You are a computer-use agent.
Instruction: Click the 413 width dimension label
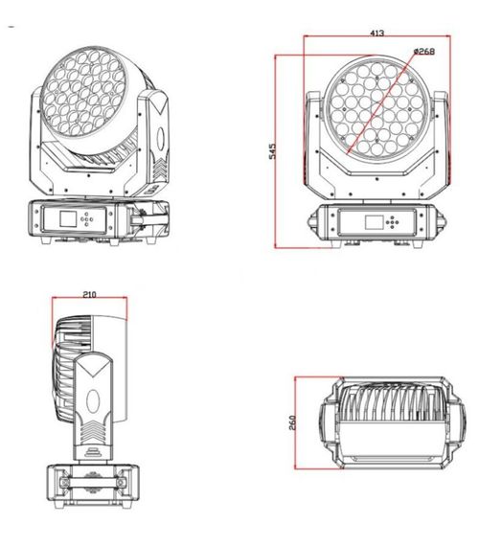click(x=376, y=33)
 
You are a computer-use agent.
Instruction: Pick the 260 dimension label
click(x=292, y=422)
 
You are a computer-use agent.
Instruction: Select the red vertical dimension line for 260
click(x=298, y=422)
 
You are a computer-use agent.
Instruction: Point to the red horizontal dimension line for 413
click(x=376, y=39)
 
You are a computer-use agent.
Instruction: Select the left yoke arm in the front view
click(x=312, y=144)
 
